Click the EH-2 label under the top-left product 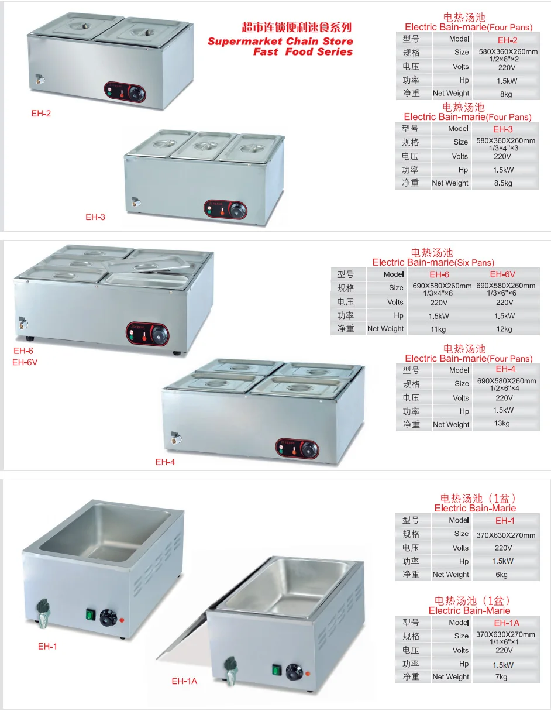pos(41,114)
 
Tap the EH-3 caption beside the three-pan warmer pos(95,217)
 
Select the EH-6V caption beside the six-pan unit pos(25,362)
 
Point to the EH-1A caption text pos(184,681)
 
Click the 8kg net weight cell pos(506,94)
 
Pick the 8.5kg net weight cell pos(503,183)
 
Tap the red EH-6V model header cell pos(503,274)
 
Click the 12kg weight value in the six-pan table pos(504,329)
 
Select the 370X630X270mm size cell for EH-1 pos(506,535)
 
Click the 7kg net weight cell pos(501,677)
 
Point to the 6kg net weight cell pos(502,575)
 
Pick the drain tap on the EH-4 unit pos(174,437)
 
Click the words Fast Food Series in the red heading pos(302,52)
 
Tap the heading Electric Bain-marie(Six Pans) pos(433,263)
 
